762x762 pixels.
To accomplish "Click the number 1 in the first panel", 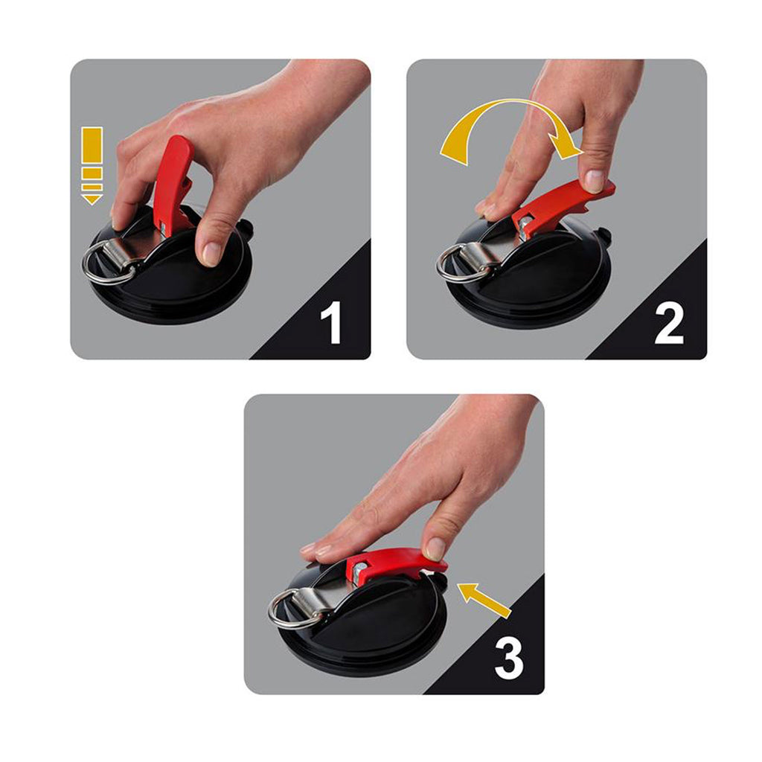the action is [x=331, y=323].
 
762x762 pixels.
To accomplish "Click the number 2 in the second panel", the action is [x=669, y=323].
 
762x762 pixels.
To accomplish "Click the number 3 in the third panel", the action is [x=509, y=658].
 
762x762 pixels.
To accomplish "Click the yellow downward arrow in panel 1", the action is [x=92, y=166].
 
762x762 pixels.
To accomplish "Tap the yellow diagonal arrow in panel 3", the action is [x=484, y=600].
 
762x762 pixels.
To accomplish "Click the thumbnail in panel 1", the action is [x=211, y=253].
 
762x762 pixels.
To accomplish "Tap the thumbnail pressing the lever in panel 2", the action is [x=595, y=181].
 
